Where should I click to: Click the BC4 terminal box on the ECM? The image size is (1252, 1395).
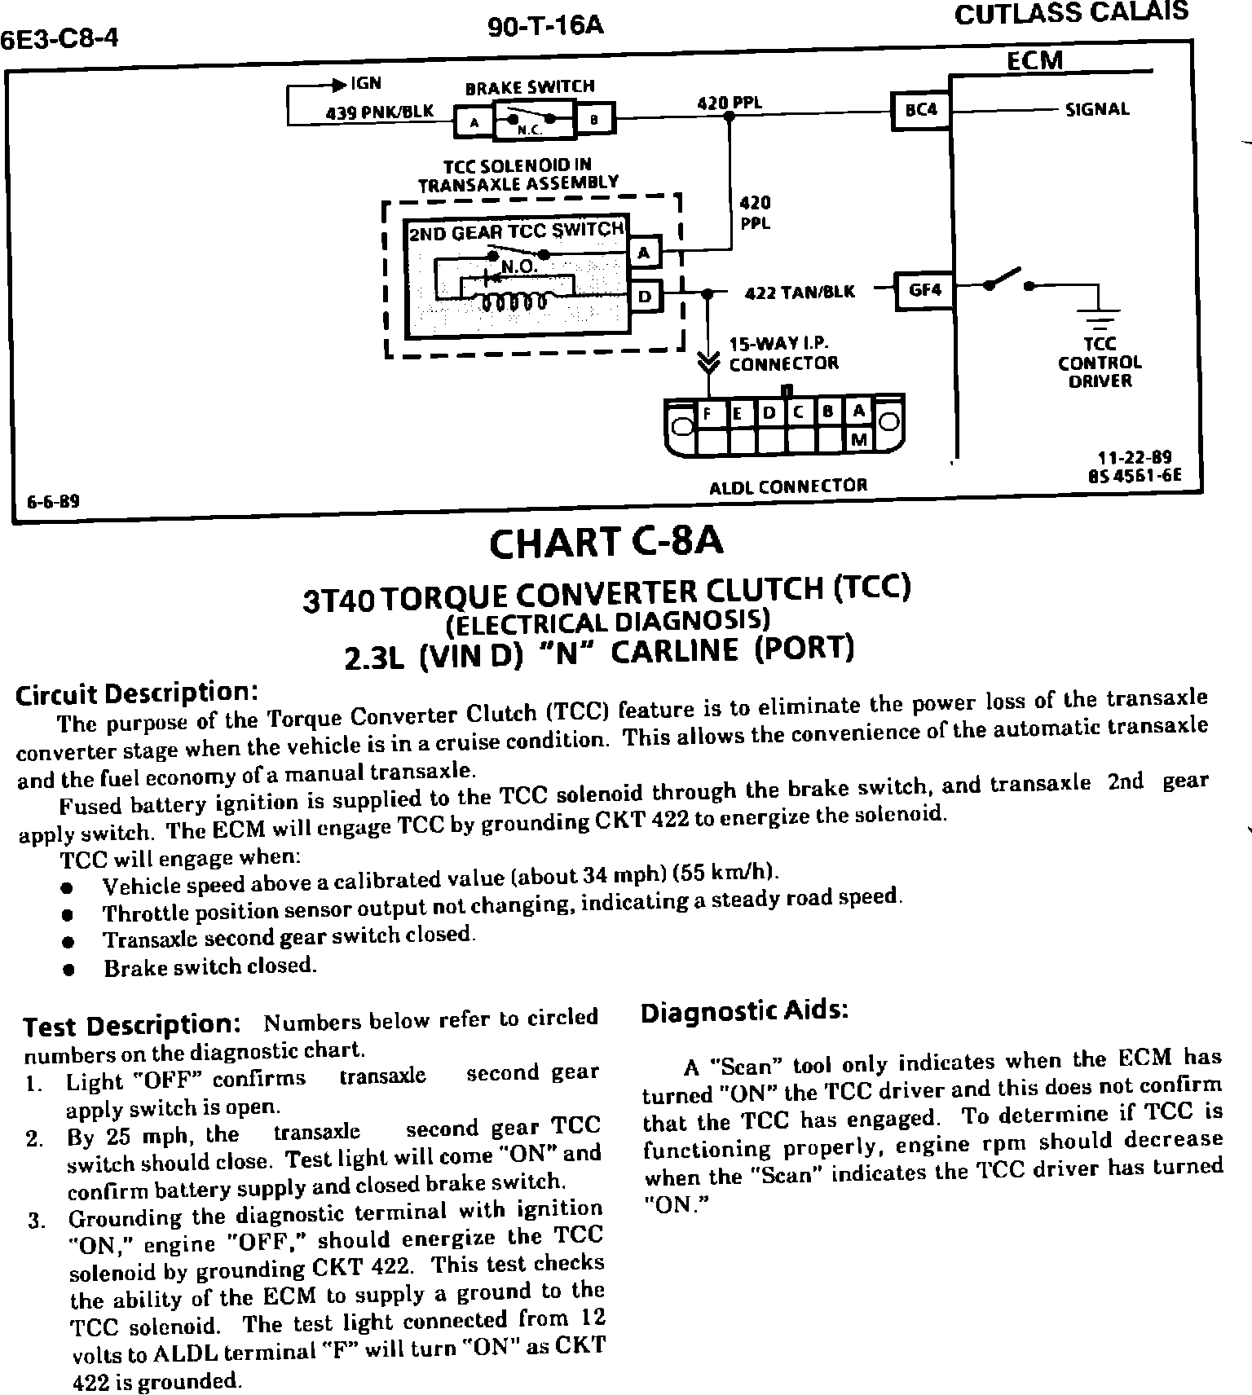click(x=921, y=109)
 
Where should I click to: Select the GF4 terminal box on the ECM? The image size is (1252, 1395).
click(x=924, y=290)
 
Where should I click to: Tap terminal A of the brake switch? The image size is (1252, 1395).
click(x=474, y=123)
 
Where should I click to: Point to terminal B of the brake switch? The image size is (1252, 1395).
click(x=595, y=121)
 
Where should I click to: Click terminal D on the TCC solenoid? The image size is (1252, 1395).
click(x=644, y=296)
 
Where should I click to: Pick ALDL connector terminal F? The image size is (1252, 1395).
click(x=708, y=413)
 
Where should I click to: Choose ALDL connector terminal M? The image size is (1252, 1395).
click(x=858, y=440)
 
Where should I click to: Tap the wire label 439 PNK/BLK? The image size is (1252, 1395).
click(x=380, y=112)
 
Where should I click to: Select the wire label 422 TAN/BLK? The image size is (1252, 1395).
click(x=800, y=292)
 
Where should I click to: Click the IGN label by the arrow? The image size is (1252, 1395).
click(x=366, y=83)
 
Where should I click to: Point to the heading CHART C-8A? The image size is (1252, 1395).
click(x=606, y=543)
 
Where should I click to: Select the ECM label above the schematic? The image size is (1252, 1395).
click(x=1034, y=61)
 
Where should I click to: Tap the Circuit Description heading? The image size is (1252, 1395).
click(x=137, y=693)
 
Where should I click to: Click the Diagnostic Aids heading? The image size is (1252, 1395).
click(x=744, y=1011)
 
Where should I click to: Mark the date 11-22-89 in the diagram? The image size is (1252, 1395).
click(x=1135, y=458)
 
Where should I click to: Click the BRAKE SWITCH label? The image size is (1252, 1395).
click(x=529, y=86)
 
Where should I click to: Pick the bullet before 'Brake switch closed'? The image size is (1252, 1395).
click(x=70, y=970)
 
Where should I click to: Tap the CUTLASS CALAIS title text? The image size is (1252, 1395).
click(x=1070, y=14)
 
